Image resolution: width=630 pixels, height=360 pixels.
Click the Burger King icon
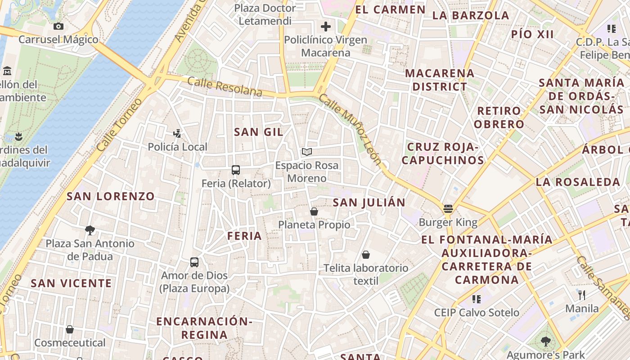tap(448, 209)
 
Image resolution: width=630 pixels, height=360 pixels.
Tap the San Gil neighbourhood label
tap(259, 132)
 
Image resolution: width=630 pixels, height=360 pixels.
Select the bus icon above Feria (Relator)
tap(236, 170)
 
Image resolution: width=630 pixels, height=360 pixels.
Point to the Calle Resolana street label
tap(225, 86)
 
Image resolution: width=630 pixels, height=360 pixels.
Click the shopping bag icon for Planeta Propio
tap(314, 211)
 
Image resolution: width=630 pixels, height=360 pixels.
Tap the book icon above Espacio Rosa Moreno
tap(307, 152)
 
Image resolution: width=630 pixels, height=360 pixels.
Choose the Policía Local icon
tap(177, 133)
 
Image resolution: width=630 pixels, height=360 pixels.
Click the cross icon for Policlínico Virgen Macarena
tap(326, 27)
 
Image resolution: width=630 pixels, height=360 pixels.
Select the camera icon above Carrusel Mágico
tap(58, 26)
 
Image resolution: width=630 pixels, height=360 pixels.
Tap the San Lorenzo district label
tap(111, 196)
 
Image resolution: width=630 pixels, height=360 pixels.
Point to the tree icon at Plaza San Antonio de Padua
tap(90, 230)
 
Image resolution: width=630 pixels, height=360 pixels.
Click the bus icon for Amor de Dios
tap(194, 262)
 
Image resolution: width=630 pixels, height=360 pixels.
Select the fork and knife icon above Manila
tap(582, 295)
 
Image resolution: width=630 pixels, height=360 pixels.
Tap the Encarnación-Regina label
tap(204, 328)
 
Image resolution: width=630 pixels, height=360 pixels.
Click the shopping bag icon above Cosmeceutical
tap(70, 329)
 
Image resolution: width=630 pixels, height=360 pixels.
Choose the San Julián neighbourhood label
tap(369, 202)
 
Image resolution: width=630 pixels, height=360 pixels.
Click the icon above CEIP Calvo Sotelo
tap(477, 299)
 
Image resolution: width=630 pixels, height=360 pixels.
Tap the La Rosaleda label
tap(578, 182)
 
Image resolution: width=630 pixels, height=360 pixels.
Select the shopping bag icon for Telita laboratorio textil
tap(366, 255)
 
